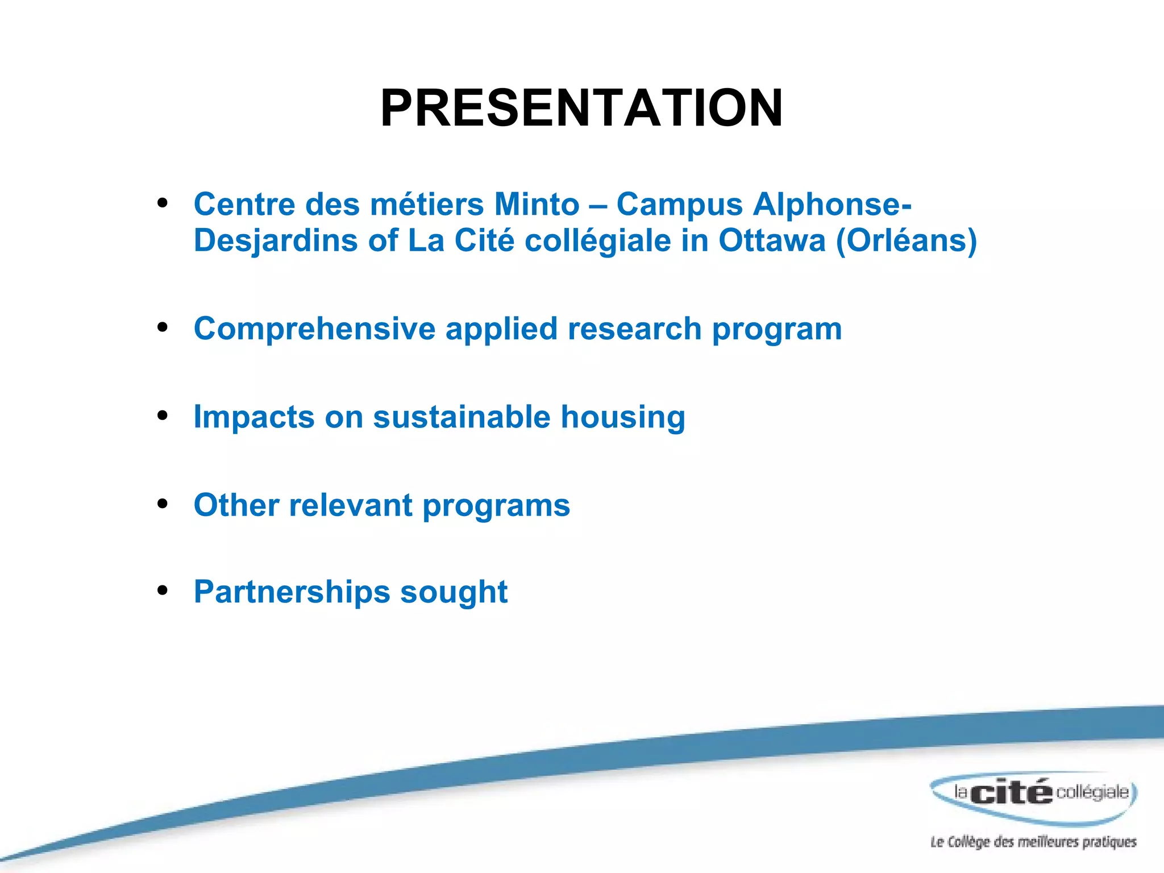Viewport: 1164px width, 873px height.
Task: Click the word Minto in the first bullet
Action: (537, 204)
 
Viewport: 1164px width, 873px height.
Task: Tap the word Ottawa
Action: (771, 240)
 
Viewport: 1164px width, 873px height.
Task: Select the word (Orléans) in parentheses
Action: (906, 240)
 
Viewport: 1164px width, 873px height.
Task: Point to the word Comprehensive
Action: (314, 329)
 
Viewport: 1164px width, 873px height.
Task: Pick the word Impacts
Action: (253, 417)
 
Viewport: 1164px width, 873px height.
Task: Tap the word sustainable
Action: (462, 417)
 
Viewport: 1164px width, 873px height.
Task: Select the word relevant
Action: (351, 505)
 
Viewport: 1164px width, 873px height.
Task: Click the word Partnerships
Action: (292, 592)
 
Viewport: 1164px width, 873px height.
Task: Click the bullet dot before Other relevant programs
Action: (163, 504)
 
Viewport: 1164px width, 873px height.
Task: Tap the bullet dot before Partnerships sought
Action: (163, 591)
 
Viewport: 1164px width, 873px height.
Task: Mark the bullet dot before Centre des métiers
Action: (163, 203)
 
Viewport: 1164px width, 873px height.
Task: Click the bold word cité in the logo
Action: (1011, 792)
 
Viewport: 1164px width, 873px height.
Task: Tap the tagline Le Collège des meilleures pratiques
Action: (1033, 842)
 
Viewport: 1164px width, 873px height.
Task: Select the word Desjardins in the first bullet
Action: (276, 241)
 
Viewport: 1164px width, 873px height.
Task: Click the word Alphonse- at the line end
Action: (832, 204)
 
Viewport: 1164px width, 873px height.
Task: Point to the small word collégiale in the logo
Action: (1092, 792)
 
